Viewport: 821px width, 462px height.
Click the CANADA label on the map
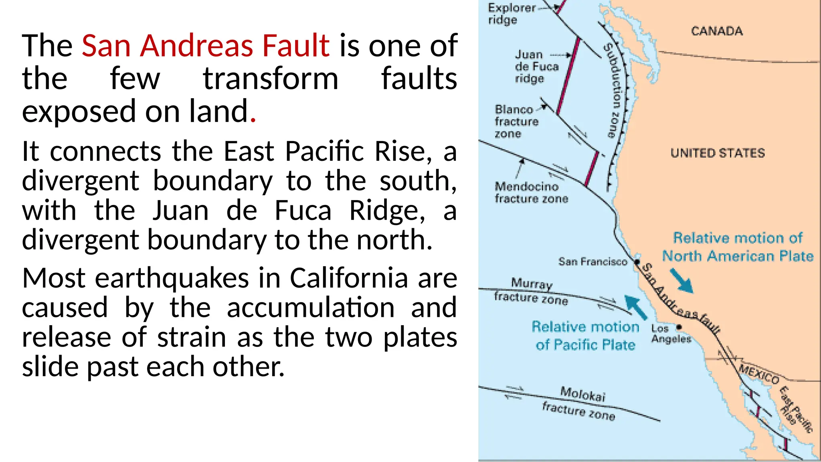pyautogui.click(x=717, y=31)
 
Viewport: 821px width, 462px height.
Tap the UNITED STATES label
pyautogui.click(x=718, y=153)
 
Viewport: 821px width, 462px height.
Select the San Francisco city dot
pyautogui.click(x=637, y=262)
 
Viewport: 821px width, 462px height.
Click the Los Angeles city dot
pyautogui.click(x=679, y=327)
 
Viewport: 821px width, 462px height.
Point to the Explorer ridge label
pyautogui.click(x=511, y=14)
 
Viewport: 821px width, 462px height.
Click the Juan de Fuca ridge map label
pyautogui.click(x=536, y=67)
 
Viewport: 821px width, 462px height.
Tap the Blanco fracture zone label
pyautogui.click(x=516, y=121)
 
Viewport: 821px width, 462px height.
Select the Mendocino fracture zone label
pyautogui.click(x=531, y=192)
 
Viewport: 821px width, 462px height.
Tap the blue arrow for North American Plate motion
pyautogui.click(x=681, y=281)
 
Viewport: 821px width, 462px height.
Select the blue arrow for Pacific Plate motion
pyautogui.click(x=636, y=307)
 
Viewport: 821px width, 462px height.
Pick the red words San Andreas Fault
pyautogui.click(x=206, y=45)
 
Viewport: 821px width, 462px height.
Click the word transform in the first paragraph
pyautogui.click(x=271, y=79)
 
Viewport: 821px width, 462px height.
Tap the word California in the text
pyautogui.click(x=349, y=278)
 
